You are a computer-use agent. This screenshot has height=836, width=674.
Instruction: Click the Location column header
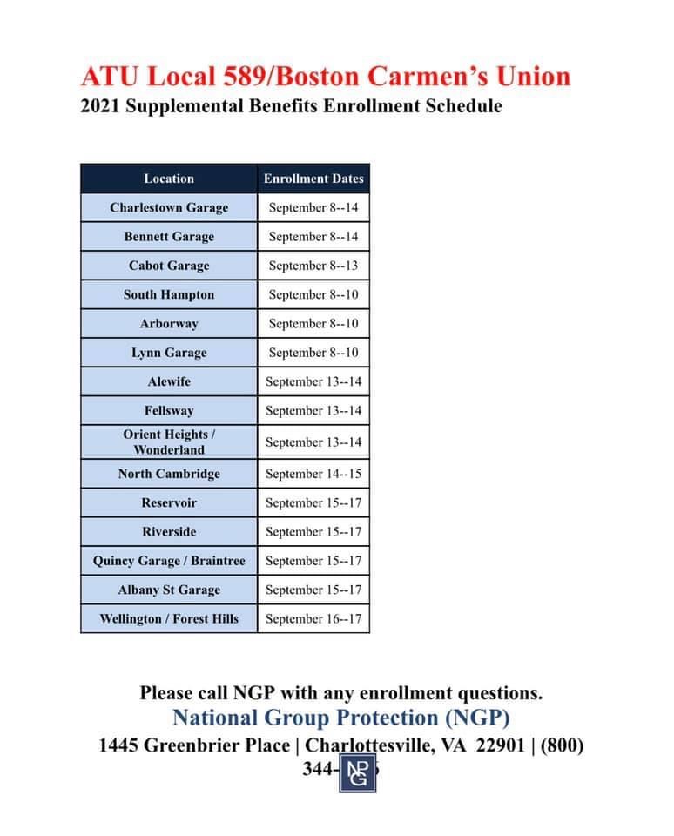(169, 179)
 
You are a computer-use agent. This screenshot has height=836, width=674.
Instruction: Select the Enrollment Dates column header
(313, 179)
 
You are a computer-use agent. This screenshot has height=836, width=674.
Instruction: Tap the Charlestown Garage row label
(169, 207)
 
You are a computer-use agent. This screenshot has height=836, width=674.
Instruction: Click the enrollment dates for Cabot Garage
(313, 266)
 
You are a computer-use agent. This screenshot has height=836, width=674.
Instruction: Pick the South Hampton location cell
(169, 294)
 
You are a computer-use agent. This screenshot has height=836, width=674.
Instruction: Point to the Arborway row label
(169, 323)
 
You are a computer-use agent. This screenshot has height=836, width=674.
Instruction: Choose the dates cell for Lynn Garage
(313, 353)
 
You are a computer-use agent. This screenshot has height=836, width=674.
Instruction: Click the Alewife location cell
(169, 381)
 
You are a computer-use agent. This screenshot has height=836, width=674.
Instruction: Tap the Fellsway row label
(169, 410)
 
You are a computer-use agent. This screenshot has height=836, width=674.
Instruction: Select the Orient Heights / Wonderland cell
(169, 442)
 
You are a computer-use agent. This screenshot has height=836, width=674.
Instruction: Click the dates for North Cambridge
(313, 474)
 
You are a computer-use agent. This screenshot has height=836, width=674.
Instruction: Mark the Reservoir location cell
(169, 502)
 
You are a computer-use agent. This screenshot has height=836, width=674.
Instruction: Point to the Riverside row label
(169, 531)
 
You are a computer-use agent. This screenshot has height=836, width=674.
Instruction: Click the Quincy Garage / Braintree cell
(169, 561)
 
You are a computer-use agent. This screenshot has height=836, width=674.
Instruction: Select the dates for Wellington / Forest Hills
(313, 618)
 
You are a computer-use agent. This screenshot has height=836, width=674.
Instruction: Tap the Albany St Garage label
(169, 590)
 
